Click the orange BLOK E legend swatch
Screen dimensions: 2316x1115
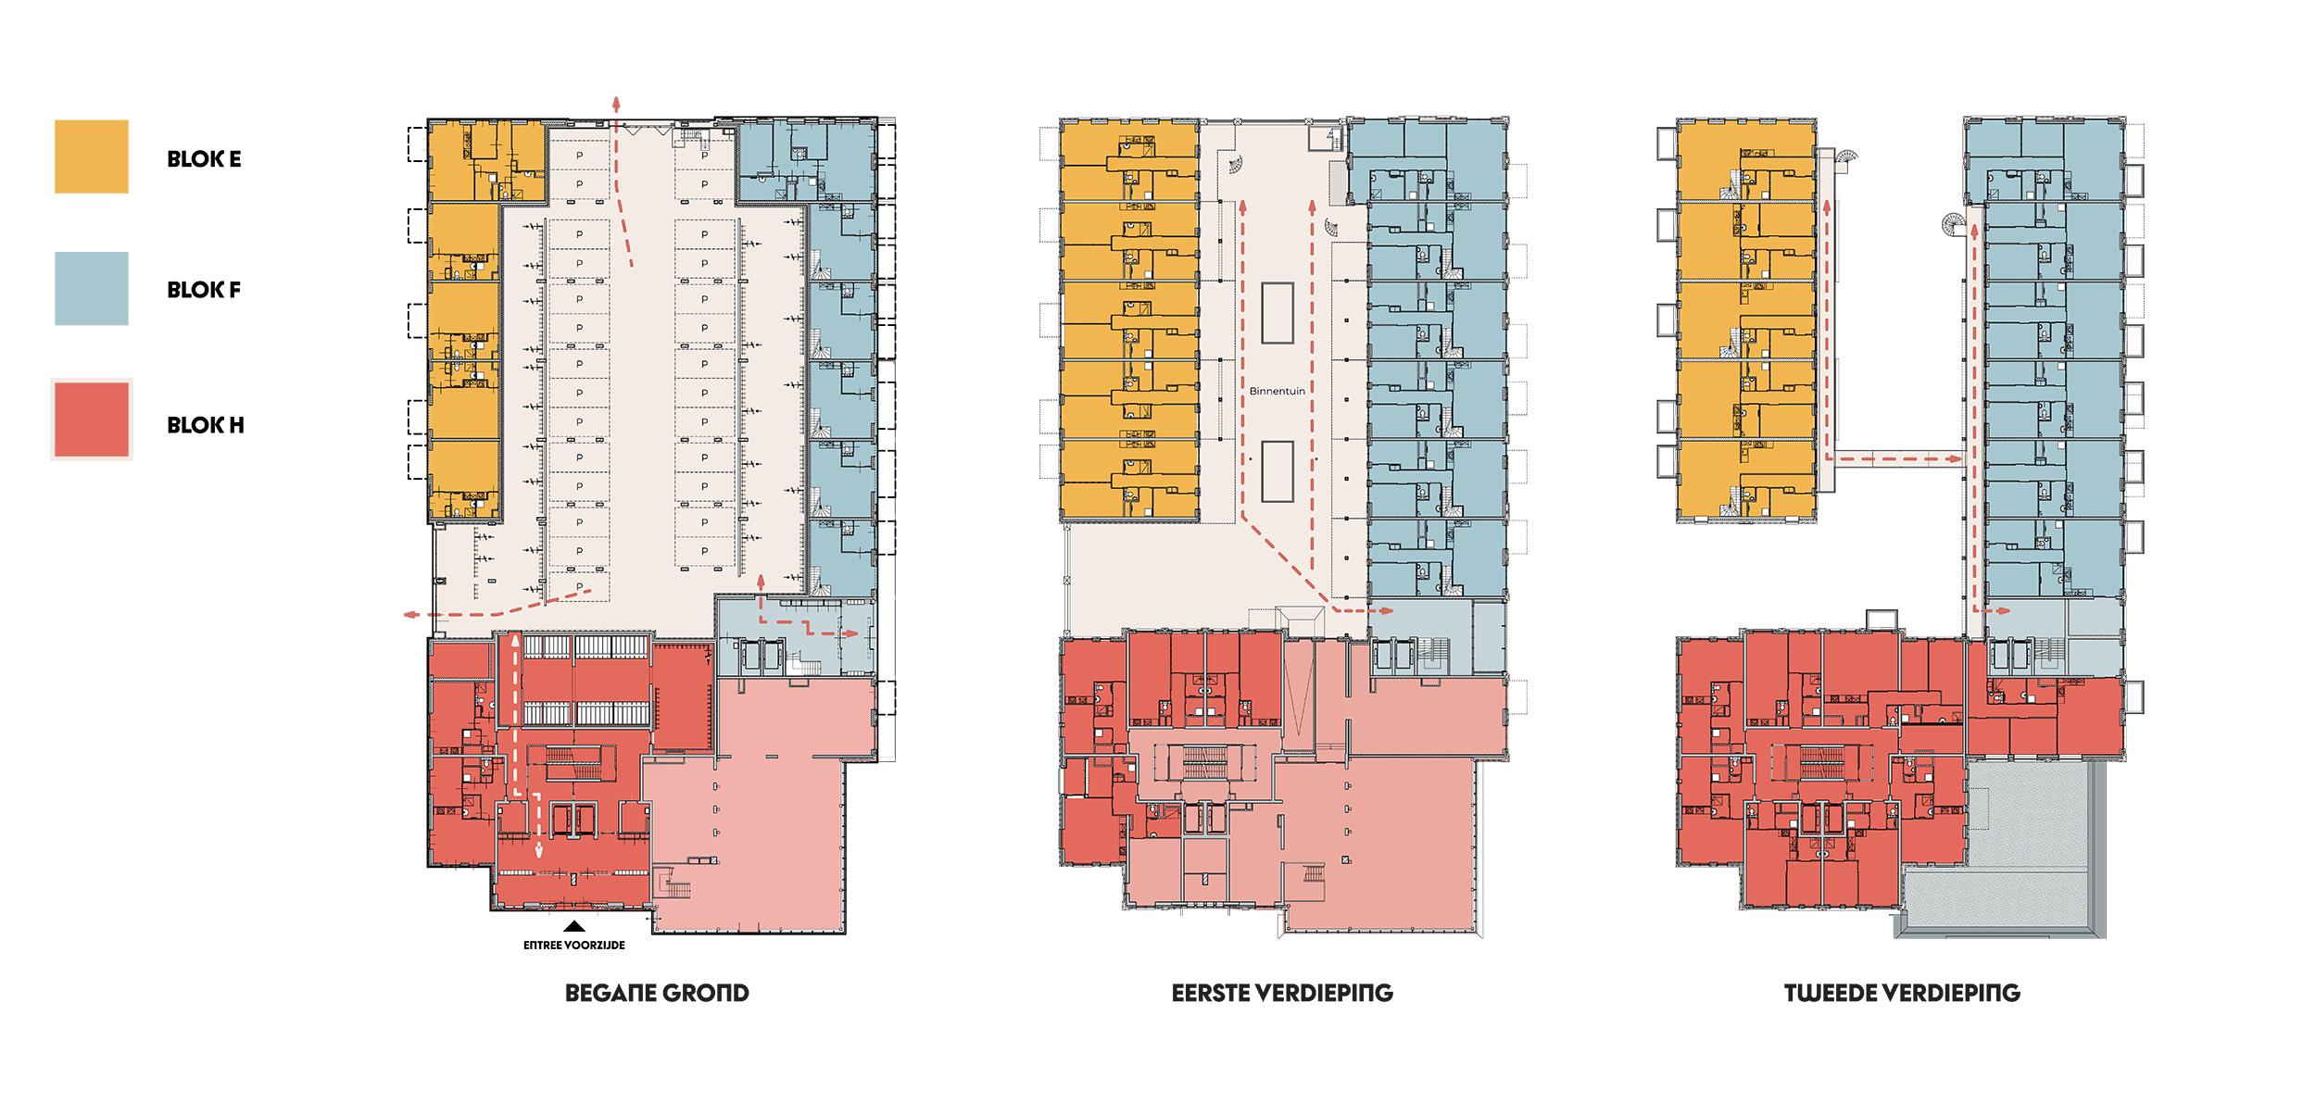click(91, 157)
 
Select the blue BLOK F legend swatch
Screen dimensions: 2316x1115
click(91, 288)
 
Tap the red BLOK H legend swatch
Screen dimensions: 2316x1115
click(91, 420)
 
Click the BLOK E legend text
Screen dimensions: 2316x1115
click(204, 159)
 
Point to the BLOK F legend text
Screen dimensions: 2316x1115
click(204, 290)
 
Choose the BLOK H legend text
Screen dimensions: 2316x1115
click(206, 425)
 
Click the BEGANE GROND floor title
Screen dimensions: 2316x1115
click(657, 993)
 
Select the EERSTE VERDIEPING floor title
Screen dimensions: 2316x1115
click(1282, 993)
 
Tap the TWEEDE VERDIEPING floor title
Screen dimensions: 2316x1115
click(1902, 993)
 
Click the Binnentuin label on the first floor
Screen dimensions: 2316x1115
click(1277, 391)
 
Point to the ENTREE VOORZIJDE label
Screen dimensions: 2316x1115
click(574, 946)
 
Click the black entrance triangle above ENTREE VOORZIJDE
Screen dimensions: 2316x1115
click(574, 926)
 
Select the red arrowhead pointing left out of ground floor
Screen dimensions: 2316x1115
click(410, 614)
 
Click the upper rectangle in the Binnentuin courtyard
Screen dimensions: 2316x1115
click(1278, 313)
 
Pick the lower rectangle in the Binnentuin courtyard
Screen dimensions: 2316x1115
click(1278, 471)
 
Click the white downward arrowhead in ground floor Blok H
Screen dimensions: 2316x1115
click(539, 852)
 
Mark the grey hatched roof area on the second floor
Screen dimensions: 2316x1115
click(2001, 847)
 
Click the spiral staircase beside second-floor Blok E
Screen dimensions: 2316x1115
click(1846, 159)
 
